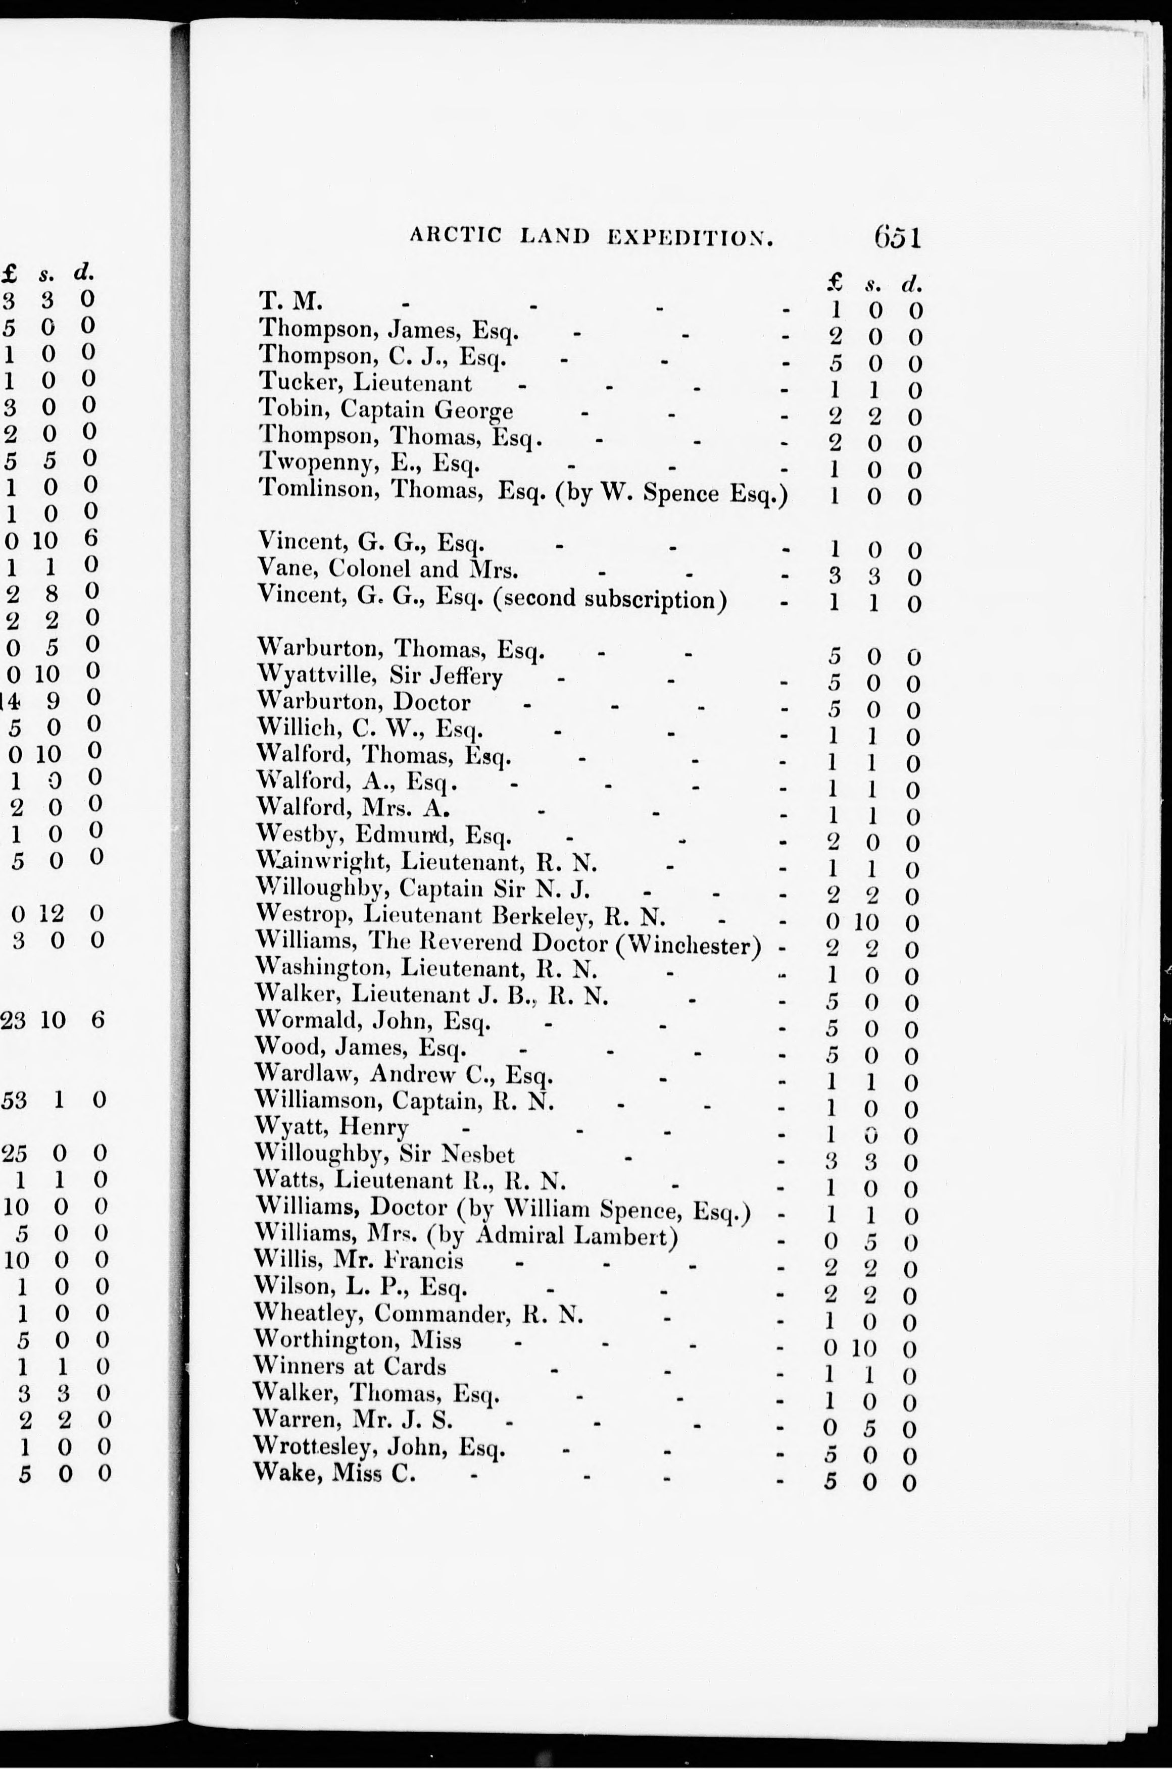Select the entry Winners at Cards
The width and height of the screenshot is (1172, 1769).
(x=350, y=1366)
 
